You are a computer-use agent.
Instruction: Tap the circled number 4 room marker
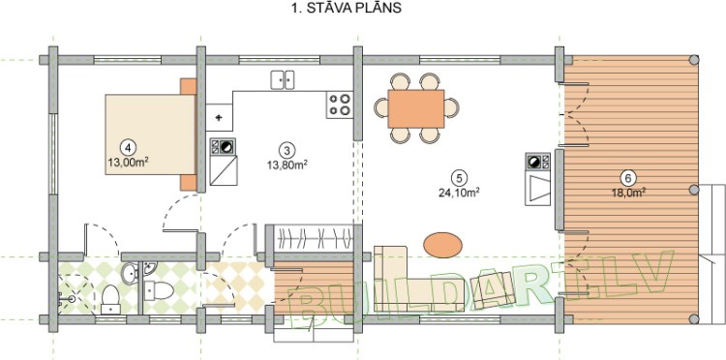(128, 147)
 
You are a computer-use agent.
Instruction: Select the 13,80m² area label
(287, 164)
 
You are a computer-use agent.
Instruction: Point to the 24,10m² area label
(459, 192)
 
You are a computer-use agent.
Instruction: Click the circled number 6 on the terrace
(628, 178)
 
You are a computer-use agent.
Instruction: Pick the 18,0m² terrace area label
(629, 193)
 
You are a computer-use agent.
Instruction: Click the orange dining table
(416, 108)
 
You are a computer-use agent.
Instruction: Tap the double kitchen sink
(283, 79)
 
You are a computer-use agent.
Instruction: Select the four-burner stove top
(340, 105)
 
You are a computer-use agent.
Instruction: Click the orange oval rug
(442, 245)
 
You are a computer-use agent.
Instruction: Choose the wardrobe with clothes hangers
(314, 238)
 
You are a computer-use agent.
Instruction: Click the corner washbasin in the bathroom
(149, 268)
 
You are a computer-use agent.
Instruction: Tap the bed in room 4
(150, 135)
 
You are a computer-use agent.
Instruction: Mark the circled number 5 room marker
(459, 177)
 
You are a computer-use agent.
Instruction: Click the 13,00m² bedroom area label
(128, 162)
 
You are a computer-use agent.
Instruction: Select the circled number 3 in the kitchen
(287, 149)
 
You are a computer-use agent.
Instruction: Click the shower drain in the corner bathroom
(72, 299)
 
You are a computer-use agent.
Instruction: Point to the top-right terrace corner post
(694, 60)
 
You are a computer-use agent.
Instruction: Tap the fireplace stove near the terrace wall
(538, 179)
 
